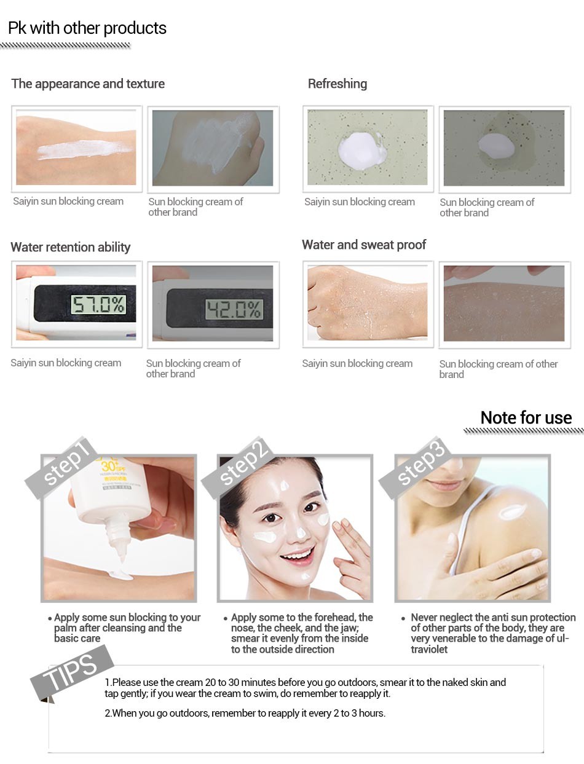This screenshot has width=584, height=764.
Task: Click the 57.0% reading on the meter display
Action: click(x=98, y=305)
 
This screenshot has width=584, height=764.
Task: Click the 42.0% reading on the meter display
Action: click(x=234, y=309)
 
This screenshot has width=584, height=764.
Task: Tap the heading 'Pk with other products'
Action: click(x=87, y=28)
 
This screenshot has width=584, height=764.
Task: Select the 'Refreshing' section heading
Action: click(x=337, y=84)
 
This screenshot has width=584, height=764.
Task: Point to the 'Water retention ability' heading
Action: click(x=71, y=247)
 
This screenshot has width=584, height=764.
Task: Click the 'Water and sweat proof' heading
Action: click(x=364, y=245)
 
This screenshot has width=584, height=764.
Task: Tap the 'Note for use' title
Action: click(x=526, y=417)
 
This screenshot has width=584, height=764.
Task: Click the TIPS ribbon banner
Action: click(x=72, y=672)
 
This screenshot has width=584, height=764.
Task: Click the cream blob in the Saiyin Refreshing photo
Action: click(x=362, y=151)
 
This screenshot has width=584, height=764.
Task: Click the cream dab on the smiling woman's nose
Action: click(x=301, y=532)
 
